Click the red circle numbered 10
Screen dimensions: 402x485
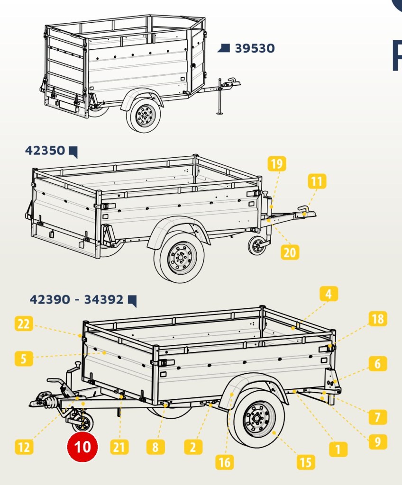pyautogui.click(x=82, y=447)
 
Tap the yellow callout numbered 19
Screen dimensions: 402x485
pyautogui.click(x=276, y=163)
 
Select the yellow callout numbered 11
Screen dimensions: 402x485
pyautogui.click(x=317, y=181)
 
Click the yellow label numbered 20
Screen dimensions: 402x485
pyautogui.click(x=290, y=252)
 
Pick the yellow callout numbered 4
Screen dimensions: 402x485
pyautogui.click(x=329, y=294)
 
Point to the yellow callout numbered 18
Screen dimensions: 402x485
pyautogui.click(x=378, y=319)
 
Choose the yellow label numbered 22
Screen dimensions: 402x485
pyautogui.click(x=24, y=323)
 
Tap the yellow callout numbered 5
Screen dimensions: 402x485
pyautogui.click(x=24, y=359)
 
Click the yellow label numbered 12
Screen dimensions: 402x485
pyautogui.click(x=24, y=447)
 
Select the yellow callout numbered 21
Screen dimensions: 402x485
pyautogui.click(x=119, y=447)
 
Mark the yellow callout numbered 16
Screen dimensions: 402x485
pyautogui.click(x=225, y=462)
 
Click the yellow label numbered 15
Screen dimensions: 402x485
pyautogui.click(x=306, y=462)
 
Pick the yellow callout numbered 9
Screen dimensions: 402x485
pyautogui.click(x=378, y=442)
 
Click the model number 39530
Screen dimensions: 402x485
pyautogui.click(x=255, y=48)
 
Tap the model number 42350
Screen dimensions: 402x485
pyautogui.click(x=45, y=150)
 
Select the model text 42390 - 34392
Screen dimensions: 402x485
pyautogui.click(x=76, y=299)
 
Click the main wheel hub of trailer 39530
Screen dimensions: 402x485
pyautogui.click(x=145, y=116)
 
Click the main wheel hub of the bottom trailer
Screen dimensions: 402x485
pyautogui.click(x=257, y=420)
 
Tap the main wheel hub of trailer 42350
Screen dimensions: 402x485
pyautogui.click(x=180, y=257)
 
